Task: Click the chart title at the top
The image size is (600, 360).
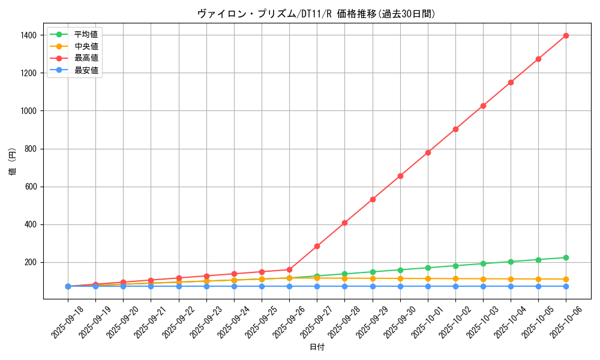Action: tap(316, 14)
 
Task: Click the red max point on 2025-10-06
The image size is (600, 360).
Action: tap(566, 35)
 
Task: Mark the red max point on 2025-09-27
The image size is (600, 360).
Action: tap(317, 246)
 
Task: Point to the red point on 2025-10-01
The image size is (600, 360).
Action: tap(428, 152)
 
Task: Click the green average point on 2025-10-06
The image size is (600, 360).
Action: tap(566, 257)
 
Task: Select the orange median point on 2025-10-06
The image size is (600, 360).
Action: tap(566, 279)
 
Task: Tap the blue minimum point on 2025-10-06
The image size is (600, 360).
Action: tap(566, 286)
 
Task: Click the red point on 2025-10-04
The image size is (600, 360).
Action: tap(511, 82)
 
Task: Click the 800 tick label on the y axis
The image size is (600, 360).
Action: tap(30, 149)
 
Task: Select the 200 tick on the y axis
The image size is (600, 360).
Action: tap(30, 262)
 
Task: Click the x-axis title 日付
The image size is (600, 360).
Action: tap(316, 347)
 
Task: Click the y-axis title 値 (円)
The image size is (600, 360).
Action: tap(13, 162)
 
